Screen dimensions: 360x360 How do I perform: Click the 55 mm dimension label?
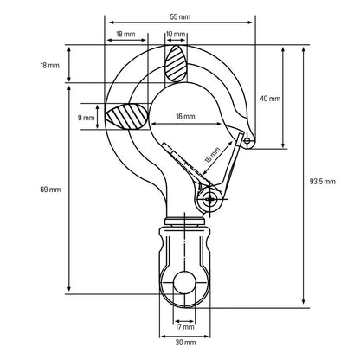180,16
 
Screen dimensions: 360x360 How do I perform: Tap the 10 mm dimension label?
176,34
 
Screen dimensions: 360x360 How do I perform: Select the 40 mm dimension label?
270,99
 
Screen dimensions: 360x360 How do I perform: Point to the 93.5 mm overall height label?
323,182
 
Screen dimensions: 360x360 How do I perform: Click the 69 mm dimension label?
50,190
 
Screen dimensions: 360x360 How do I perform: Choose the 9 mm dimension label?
86,118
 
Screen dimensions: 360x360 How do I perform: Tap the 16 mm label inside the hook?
185,116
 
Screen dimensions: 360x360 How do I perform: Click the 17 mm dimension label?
185,327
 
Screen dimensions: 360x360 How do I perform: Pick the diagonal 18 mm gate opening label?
212,155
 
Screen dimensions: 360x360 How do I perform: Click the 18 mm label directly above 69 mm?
49,66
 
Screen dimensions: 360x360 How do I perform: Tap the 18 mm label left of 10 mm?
125,34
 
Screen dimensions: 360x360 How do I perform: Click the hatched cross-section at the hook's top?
176,63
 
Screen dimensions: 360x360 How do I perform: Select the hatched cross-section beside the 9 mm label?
127,116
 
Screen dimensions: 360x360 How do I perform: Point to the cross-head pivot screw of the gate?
210,199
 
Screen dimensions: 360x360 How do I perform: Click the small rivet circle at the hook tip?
247,141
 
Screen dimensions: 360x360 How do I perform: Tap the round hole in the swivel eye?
184,282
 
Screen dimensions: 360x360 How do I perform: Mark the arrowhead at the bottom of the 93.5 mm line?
303,301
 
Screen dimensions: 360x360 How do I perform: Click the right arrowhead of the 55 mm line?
249,22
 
